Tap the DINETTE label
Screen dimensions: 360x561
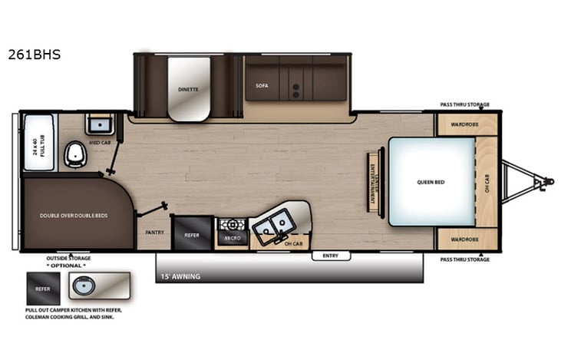(189, 89)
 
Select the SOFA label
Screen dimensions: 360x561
(262, 86)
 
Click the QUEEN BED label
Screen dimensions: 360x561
(431, 182)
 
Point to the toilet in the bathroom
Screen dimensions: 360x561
(76, 154)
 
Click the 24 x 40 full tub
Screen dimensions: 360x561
(38, 144)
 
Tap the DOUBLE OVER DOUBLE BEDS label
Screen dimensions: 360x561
(74, 216)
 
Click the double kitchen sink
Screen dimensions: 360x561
(273, 223)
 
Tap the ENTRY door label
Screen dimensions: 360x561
(331, 256)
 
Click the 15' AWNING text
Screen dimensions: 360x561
(180, 276)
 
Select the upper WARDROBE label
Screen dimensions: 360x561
(465, 124)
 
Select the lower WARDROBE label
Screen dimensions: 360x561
(465, 239)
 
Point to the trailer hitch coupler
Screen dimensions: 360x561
(545, 182)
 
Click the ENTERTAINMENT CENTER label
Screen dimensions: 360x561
(374, 181)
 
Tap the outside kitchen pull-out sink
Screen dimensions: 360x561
(84, 288)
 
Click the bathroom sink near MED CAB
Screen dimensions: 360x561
(99, 125)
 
